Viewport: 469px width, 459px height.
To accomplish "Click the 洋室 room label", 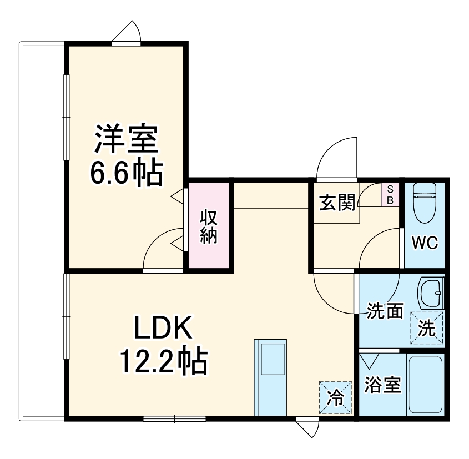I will [126, 139].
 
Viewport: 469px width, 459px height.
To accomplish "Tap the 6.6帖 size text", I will [126, 173].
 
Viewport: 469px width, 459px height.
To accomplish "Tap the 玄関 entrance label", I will [336, 203].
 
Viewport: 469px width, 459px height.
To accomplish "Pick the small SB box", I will [390, 194].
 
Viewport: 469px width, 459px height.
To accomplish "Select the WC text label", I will [425, 243].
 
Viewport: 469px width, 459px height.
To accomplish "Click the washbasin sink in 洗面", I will [431, 292].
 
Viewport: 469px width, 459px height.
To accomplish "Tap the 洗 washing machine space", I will [427, 328].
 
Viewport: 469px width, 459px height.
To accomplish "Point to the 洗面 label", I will [385, 311].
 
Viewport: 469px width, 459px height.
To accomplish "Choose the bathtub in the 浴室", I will [425, 384].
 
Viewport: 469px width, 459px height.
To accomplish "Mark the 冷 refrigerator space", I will [335, 397].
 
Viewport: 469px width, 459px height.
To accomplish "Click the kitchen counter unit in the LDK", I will [270, 377].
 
